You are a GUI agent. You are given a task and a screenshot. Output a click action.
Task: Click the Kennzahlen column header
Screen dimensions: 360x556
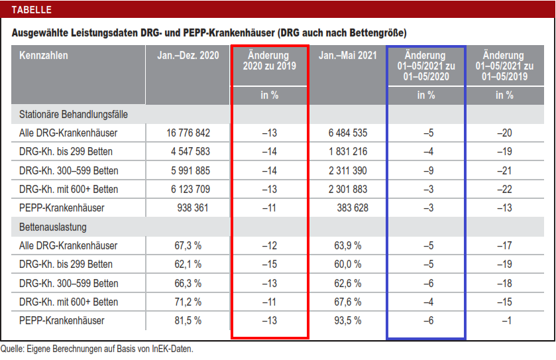click(x=44, y=56)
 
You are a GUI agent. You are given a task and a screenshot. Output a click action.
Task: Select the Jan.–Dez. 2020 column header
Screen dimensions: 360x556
click(x=188, y=56)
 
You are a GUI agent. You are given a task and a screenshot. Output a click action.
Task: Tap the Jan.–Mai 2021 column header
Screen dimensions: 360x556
click(x=348, y=56)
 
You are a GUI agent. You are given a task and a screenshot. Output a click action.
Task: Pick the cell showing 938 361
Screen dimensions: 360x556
click(x=193, y=208)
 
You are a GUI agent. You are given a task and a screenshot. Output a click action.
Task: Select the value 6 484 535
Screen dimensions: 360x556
click(x=348, y=133)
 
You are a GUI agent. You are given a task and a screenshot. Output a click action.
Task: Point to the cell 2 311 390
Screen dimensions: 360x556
click(x=348, y=170)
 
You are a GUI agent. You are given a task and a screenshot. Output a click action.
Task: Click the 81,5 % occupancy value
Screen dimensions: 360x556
click(x=188, y=321)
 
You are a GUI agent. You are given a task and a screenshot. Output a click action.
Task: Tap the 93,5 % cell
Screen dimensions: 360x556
click(x=348, y=321)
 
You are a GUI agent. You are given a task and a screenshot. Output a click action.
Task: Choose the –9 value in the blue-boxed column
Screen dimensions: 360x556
click(x=427, y=170)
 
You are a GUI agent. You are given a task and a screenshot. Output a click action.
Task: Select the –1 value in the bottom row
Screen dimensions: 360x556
click(x=506, y=321)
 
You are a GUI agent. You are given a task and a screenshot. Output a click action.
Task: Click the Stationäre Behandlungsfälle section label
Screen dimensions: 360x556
click(x=74, y=114)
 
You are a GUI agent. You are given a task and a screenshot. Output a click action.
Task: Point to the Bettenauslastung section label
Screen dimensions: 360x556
click(x=53, y=227)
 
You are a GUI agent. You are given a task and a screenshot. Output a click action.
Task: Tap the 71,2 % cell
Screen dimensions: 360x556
click(x=188, y=302)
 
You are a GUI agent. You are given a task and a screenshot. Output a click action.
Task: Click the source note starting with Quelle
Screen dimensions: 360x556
click(x=97, y=349)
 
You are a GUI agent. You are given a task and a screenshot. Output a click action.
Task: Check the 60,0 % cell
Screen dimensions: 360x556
click(x=348, y=265)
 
